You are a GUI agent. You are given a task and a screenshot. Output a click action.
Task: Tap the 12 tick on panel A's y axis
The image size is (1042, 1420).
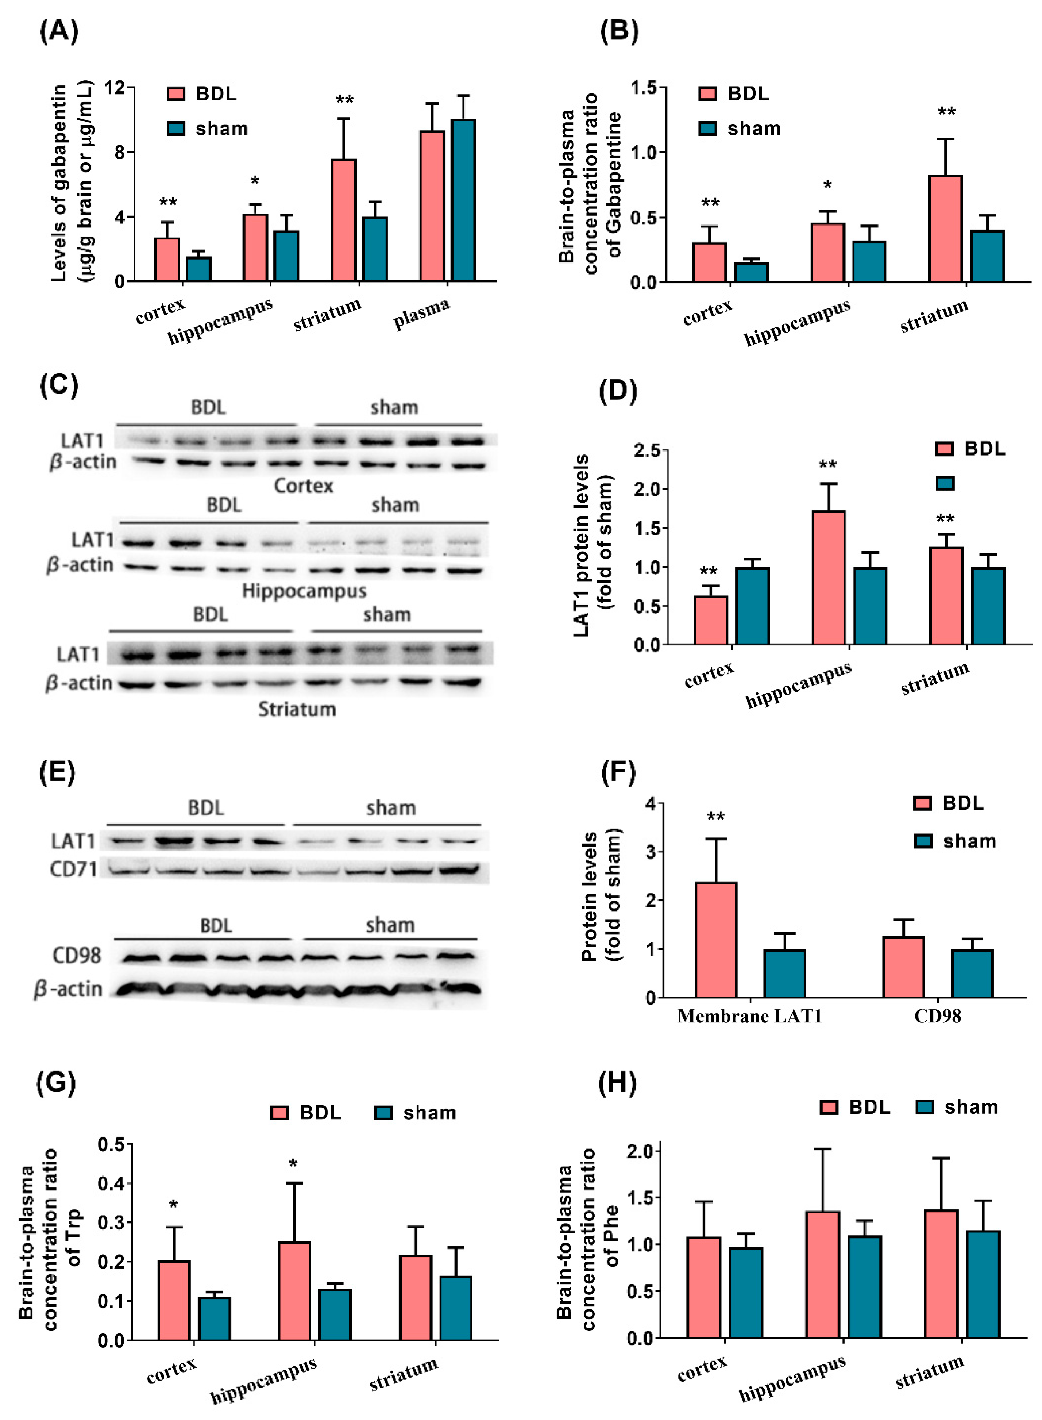tap(115, 87)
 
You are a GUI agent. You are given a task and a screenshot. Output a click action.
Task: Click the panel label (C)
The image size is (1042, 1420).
tap(59, 385)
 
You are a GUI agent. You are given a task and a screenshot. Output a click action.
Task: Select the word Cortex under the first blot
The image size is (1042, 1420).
tap(304, 486)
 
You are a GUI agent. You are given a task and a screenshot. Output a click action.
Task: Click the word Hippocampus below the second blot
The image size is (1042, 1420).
tap(304, 591)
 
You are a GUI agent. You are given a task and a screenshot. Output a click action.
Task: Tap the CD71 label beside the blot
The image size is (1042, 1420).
tap(74, 870)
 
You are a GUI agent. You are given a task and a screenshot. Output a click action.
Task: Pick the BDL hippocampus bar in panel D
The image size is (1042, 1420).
tap(828, 577)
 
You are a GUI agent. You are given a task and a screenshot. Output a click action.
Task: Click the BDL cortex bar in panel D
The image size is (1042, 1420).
tap(711, 620)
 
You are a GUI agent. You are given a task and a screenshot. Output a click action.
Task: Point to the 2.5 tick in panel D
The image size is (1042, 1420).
tap(647, 450)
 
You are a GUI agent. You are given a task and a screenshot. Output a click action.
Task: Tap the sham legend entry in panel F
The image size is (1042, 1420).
tap(956, 841)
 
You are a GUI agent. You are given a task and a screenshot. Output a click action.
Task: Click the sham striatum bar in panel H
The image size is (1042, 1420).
tap(983, 1284)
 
